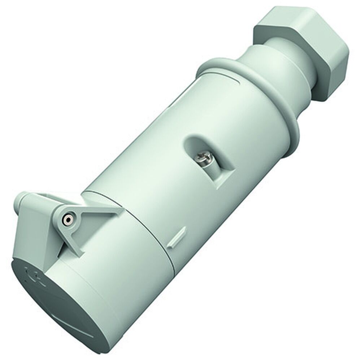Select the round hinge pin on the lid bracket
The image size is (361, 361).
(67, 219)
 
